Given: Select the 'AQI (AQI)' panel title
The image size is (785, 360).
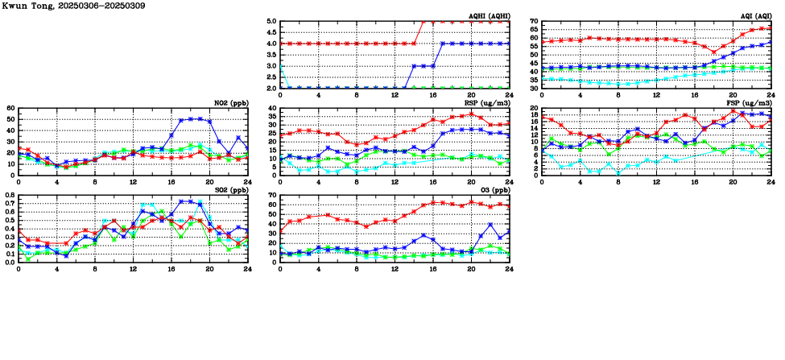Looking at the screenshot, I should [x=754, y=16].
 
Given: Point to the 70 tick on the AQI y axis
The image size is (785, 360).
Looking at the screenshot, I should [x=535, y=22].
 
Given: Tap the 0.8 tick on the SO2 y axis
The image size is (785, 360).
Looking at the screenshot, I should [x=9, y=196].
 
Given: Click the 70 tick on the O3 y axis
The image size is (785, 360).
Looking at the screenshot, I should [x=272, y=196].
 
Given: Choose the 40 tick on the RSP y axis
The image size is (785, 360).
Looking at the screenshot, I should [x=272, y=109].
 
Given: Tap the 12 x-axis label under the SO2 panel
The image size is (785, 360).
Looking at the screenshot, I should [x=133, y=269].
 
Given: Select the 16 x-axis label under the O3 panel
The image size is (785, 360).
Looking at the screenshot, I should [x=432, y=269].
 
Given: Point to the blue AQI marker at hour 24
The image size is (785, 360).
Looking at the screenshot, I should [x=771, y=42].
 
